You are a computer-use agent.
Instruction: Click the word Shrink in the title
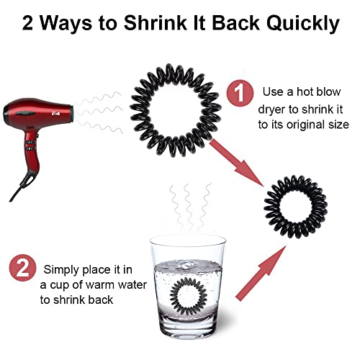155,23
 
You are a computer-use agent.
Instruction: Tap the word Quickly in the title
303,24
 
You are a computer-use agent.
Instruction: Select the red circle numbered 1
240,94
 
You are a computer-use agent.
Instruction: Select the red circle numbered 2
23,268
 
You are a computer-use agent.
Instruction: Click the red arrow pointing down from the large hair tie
236,163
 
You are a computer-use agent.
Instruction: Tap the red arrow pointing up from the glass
261,273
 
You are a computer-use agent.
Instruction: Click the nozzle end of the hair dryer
72,112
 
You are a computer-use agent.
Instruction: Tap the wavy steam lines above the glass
190,207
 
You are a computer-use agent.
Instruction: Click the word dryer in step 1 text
272,110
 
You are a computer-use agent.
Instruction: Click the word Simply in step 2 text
61,270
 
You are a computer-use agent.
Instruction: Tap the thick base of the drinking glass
188,329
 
